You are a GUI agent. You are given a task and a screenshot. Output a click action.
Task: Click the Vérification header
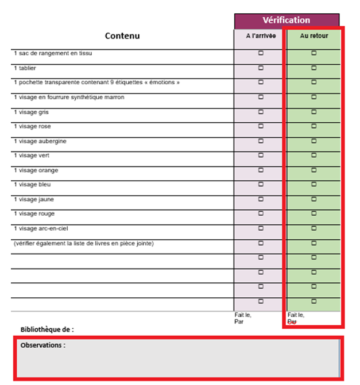point(286,20)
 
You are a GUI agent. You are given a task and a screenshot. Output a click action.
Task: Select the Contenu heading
point(122,36)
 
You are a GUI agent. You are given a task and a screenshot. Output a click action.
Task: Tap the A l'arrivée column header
point(261,36)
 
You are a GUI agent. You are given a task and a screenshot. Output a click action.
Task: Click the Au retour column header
point(313,36)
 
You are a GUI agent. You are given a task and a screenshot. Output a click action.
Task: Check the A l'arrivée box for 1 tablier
point(261,68)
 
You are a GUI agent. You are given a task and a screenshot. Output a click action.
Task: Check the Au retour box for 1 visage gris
point(313,112)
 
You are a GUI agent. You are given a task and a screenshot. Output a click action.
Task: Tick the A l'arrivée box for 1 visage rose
point(261,126)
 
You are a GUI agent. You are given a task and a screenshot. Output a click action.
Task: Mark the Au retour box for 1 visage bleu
point(313,185)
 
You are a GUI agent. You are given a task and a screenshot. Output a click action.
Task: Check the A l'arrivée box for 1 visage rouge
point(261,213)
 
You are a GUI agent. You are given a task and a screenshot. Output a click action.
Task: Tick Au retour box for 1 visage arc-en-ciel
point(313,228)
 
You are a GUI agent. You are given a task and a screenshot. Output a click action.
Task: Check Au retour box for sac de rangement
point(313,53)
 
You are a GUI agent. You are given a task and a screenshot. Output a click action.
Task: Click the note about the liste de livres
point(84,243)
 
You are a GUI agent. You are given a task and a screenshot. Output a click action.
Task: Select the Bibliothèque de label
point(47,329)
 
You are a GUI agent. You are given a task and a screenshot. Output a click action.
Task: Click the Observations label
point(42,345)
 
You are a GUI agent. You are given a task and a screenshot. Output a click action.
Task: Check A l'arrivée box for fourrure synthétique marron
point(261,97)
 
